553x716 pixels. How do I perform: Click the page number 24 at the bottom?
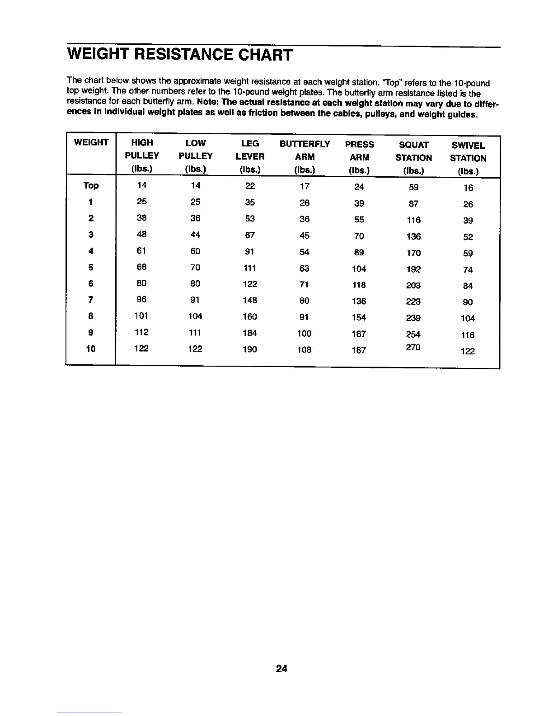point(281,669)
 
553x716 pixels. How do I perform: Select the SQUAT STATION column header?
point(413,151)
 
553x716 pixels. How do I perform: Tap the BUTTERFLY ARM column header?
point(305,151)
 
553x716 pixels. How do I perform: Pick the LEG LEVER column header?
point(250,150)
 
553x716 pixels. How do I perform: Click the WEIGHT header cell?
point(91,143)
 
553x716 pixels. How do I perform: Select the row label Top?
point(91,186)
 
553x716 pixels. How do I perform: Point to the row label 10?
point(91,349)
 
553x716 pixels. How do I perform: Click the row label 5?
point(91,268)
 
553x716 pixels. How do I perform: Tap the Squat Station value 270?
point(413,348)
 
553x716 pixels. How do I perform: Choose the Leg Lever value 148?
point(250,300)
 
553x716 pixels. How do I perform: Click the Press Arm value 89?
point(359,252)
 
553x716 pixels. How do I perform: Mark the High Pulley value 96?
point(141,299)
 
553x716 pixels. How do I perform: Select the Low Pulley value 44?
point(195,235)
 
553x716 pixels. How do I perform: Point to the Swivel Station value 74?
point(468,270)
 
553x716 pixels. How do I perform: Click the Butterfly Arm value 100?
point(304,334)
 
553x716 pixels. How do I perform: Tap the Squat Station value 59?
point(413,187)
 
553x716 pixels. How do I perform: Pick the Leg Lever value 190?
point(250,349)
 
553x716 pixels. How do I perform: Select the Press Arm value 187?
point(359,350)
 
